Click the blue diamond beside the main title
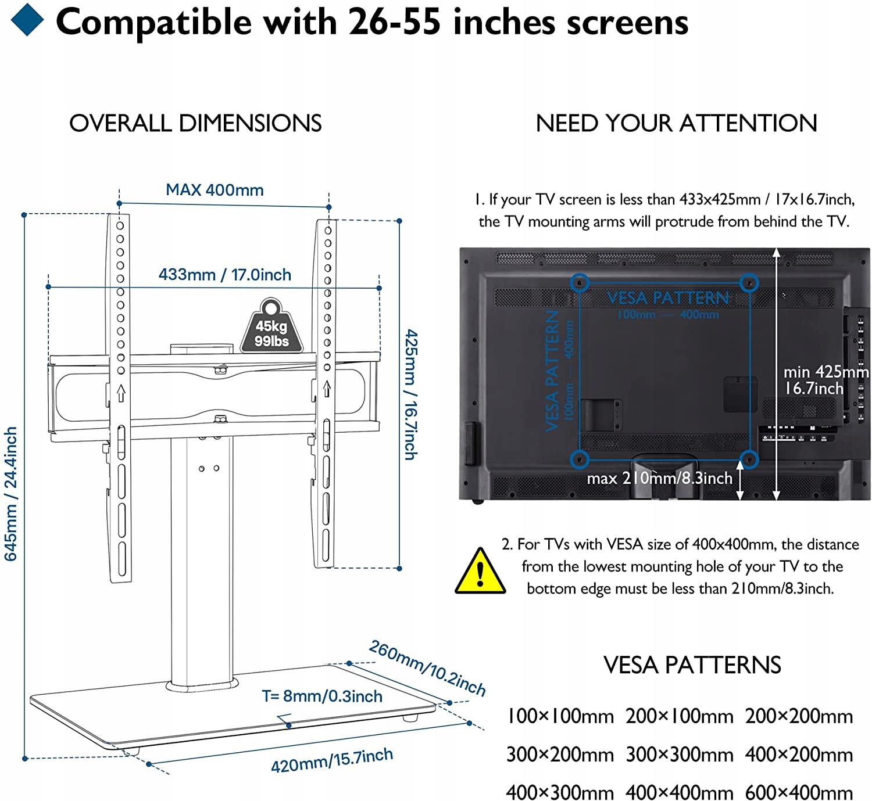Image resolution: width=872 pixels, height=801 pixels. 27,20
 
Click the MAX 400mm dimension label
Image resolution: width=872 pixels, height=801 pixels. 215,190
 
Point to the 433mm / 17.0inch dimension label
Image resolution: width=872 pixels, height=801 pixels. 225,275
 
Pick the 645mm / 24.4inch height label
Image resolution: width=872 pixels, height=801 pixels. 11,494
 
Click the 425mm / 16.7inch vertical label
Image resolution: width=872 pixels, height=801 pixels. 410,395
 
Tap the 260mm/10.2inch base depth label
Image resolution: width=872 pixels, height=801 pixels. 427,667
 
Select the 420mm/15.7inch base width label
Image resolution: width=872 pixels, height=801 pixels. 332,760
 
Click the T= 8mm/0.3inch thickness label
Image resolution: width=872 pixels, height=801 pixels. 322,696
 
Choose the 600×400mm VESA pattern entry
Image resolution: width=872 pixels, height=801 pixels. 799,792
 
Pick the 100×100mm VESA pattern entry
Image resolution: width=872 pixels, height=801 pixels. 560,716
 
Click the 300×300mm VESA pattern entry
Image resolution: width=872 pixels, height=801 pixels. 680,755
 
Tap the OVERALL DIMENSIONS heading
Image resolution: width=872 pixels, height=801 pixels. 195,123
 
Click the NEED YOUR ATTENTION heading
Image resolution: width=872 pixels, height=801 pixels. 676,123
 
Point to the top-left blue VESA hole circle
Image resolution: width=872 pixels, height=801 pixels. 579,283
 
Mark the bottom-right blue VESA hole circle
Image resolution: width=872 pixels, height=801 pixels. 749,459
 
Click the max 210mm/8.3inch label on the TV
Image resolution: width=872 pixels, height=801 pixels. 659,478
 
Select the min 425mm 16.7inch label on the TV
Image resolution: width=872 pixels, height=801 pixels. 825,380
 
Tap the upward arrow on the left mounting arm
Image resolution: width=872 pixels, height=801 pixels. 121,393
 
